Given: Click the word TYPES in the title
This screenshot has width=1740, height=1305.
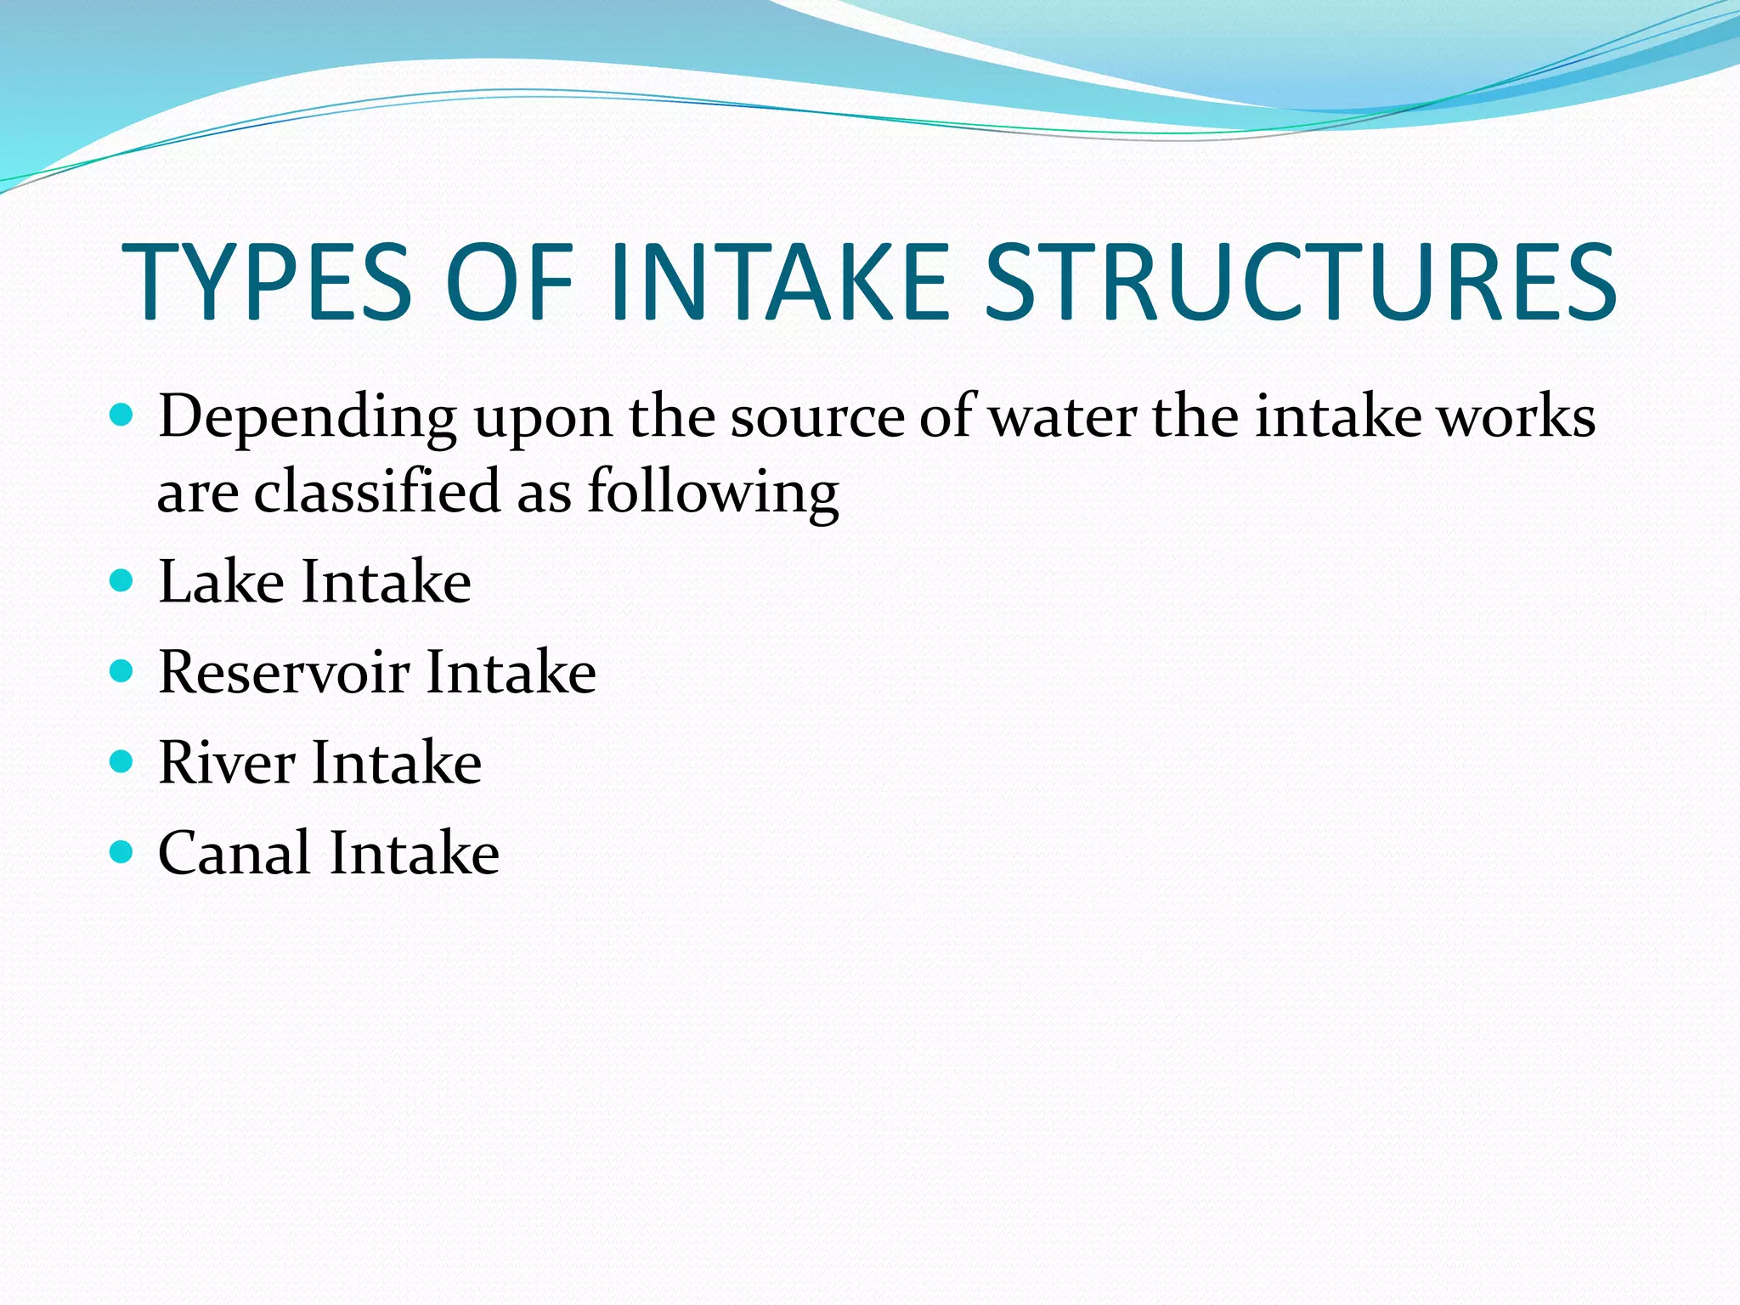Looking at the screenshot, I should click(267, 282).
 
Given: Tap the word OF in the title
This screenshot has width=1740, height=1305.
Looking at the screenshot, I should click(509, 282).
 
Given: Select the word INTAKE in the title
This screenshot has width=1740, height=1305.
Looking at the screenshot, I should click(778, 282).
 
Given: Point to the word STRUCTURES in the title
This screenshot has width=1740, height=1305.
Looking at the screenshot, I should click(1300, 282).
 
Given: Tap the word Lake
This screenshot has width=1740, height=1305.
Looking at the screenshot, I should click(221, 582).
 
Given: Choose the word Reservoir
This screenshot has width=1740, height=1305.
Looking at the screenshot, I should click(284, 672).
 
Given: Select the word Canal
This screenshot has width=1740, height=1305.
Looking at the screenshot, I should click(234, 852).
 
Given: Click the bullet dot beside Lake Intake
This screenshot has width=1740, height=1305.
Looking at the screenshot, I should click(122, 581).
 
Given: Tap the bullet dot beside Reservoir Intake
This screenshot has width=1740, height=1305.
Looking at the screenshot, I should click(122, 671).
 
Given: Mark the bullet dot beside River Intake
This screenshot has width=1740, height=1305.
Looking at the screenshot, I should click(122, 761).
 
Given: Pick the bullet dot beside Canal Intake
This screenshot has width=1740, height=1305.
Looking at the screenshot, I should click(122, 851).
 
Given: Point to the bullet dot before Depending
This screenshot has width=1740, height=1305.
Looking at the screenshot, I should click(122, 415).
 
